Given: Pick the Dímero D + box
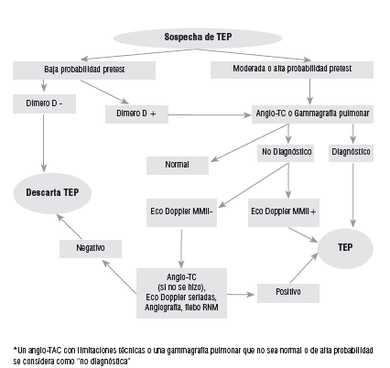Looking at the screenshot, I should pos(137,114).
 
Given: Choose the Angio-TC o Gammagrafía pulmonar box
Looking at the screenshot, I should pos(310,114).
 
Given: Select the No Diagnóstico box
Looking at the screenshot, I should pos(287,151).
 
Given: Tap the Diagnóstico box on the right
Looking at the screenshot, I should pos(352,151).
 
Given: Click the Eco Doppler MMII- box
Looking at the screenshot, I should pos(181,211).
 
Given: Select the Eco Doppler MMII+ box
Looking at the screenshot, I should pos(283,211).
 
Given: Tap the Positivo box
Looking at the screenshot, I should pos(288,294).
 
